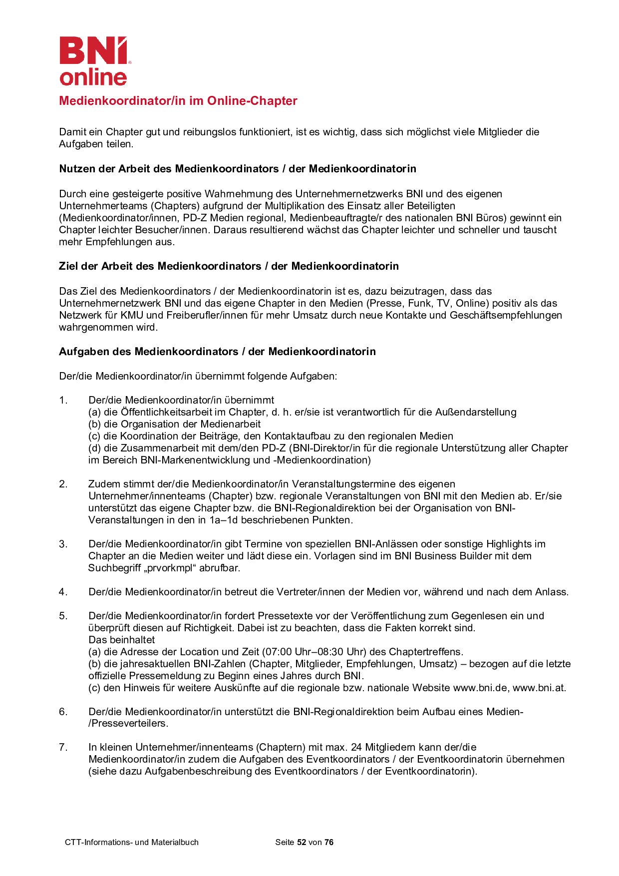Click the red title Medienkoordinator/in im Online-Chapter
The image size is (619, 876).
coord(178,101)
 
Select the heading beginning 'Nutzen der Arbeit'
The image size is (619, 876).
coord(238,169)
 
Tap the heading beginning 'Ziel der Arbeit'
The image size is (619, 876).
coord(229,266)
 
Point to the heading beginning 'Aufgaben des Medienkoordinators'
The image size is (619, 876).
coord(217,352)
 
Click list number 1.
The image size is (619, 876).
coord(63,400)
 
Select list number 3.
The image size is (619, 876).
coord(63,544)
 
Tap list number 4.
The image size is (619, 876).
coord(63,592)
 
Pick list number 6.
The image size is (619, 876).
coord(63,712)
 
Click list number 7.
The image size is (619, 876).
coord(63,747)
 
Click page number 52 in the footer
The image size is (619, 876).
coord(301,842)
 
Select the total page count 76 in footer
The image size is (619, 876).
coord(328,842)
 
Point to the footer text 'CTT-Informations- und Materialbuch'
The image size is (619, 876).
coord(132,842)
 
